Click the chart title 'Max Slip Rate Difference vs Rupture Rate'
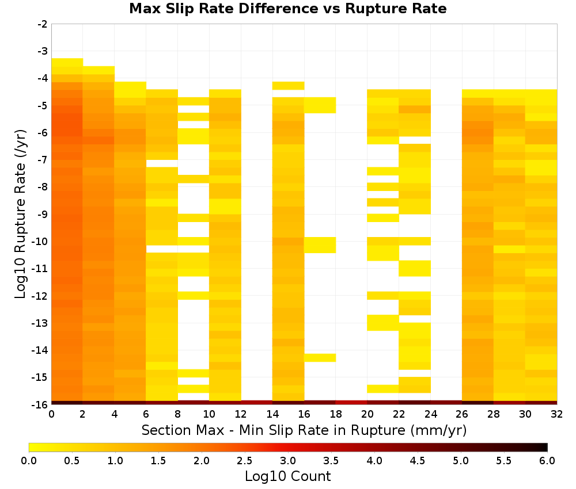(x=287, y=9)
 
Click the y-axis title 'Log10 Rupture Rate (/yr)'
(x=21, y=214)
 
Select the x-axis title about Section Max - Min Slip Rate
(x=304, y=430)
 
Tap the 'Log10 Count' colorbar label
(x=287, y=476)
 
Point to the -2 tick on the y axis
(x=43, y=24)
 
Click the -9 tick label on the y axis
(x=43, y=214)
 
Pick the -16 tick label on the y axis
(x=40, y=404)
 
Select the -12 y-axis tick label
(x=40, y=296)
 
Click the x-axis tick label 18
(x=335, y=414)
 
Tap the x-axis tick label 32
(x=557, y=414)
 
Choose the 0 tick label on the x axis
(x=51, y=414)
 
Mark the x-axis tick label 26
(x=462, y=414)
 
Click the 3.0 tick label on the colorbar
(x=288, y=461)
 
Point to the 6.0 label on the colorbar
(x=547, y=461)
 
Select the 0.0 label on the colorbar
(x=29, y=461)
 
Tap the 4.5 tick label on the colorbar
(x=417, y=461)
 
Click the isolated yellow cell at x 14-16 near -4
(x=288, y=86)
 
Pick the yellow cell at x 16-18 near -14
(x=320, y=358)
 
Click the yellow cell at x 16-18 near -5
(x=320, y=105)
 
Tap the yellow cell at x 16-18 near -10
(x=320, y=245)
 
